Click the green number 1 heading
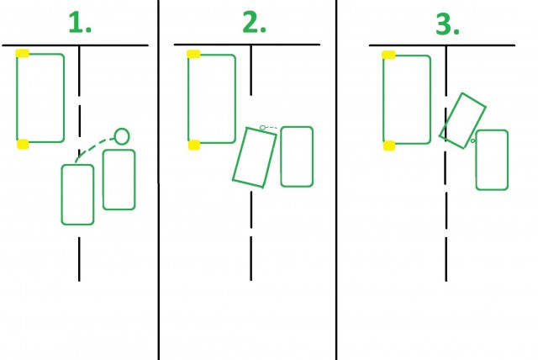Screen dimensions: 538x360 80,23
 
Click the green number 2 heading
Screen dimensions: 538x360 254,23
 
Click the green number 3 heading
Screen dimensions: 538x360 447,24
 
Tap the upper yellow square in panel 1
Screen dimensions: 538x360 23,53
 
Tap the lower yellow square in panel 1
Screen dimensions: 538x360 23,144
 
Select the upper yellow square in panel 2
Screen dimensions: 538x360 193,54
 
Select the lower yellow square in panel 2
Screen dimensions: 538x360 194,145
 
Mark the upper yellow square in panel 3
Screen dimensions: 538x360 388,55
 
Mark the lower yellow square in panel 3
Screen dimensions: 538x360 389,146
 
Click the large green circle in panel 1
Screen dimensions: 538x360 122,129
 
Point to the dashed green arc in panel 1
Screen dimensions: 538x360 92,145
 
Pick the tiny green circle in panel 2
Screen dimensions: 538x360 262,128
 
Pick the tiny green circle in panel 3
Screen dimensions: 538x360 472,140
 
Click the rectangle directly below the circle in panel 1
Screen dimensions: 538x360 103,179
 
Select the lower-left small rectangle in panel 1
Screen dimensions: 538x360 61,195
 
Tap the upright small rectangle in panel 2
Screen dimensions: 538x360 281,156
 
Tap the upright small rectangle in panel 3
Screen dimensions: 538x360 477,160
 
